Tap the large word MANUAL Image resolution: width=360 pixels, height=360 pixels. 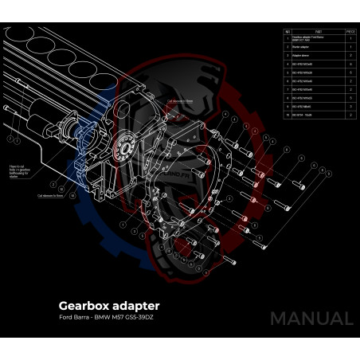[311, 319]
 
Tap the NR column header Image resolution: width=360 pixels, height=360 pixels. [288, 31]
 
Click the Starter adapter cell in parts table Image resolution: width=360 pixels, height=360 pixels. [301, 46]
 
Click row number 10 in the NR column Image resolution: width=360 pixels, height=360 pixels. [288, 114]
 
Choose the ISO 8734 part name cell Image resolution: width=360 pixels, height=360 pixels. [306, 114]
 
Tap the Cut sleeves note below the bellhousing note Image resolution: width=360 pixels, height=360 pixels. [49, 194]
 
